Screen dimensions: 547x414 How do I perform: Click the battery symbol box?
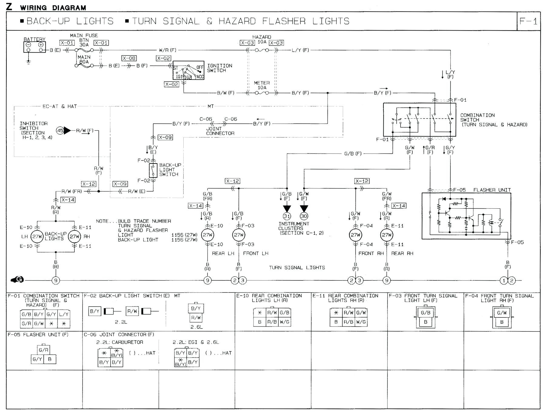pos(35,47)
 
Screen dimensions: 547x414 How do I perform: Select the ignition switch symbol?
pos(188,70)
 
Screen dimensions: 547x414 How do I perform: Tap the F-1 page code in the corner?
pos(528,21)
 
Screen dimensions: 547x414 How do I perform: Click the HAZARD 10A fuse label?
pos(262,39)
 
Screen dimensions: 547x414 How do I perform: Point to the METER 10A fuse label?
pos(262,85)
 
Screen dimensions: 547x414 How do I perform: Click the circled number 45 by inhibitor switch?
pos(60,131)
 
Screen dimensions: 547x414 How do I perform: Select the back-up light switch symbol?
pos(153,170)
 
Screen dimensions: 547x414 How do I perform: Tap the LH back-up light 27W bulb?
pos(37,237)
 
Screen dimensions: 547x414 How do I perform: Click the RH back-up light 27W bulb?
pos(74,237)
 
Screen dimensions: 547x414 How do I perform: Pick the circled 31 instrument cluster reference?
pos(287,216)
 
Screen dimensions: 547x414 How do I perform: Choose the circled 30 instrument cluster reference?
pos(304,216)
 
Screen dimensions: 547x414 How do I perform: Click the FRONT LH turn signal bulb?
pos(239,235)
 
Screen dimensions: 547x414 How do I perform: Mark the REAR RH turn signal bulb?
pos(387,235)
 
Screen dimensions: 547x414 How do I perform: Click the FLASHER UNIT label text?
pos(492,190)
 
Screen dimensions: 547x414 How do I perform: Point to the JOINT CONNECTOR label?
pos(220,131)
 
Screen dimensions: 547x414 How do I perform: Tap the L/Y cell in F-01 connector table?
pos(64,314)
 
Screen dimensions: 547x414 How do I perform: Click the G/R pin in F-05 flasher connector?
pos(43,350)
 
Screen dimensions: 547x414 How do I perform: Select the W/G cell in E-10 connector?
pos(285,322)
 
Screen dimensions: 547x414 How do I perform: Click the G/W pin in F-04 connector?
pos(502,313)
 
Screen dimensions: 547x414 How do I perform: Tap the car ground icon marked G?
pos(17,280)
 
